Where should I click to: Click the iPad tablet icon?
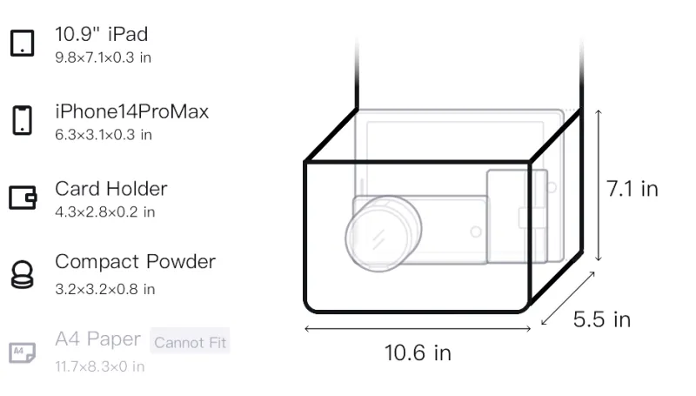23,43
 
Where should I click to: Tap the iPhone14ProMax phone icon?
23,120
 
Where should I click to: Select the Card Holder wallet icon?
23,197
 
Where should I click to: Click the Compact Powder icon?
23,275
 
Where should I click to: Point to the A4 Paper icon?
23,352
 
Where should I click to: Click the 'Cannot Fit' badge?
190,342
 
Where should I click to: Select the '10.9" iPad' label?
101,34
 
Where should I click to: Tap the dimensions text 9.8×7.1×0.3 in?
103,57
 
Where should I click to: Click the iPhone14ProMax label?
132,111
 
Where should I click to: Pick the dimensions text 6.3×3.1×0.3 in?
104,135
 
